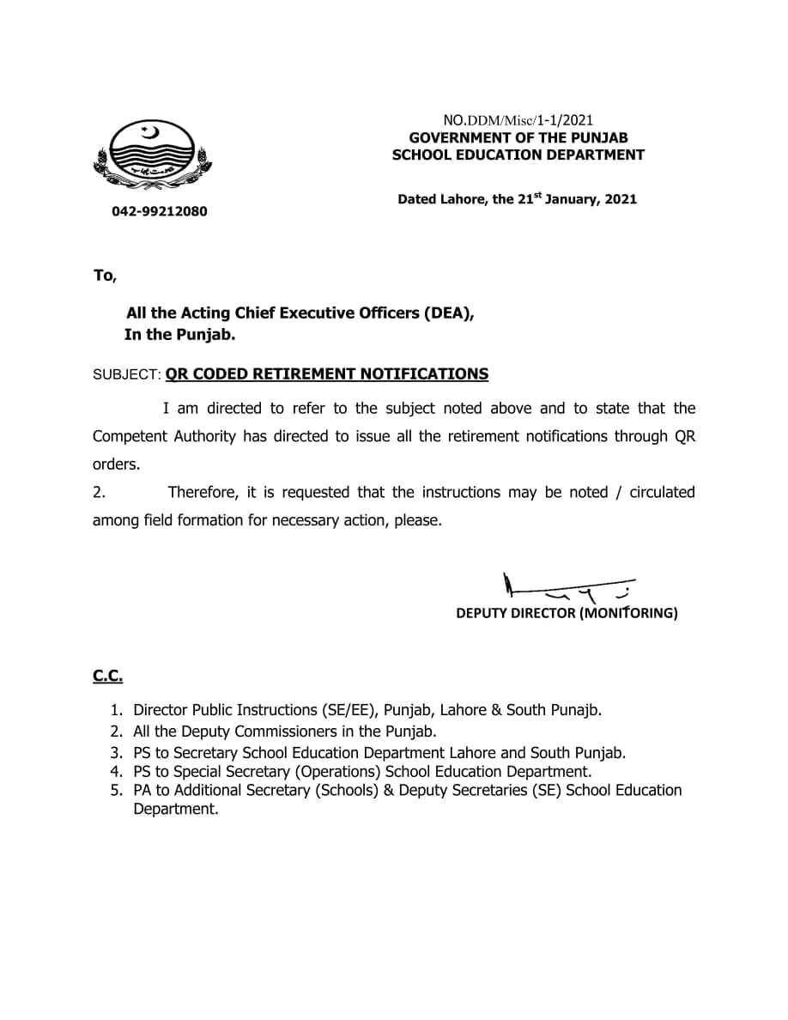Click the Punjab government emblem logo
tap(153, 155)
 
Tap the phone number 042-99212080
tap(159, 211)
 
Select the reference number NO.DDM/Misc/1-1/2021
tap(518, 120)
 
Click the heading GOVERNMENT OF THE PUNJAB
tap(518, 137)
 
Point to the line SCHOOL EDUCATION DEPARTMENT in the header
tap(518, 155)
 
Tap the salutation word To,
tap(104, 276)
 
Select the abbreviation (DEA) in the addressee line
tap(448, 313)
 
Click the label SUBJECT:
tap(126, 374)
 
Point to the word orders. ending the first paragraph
tap(116, 464)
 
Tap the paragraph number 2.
tap(99, 493)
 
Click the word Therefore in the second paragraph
tap(203, 493)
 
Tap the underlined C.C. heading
tap(107, 676)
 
